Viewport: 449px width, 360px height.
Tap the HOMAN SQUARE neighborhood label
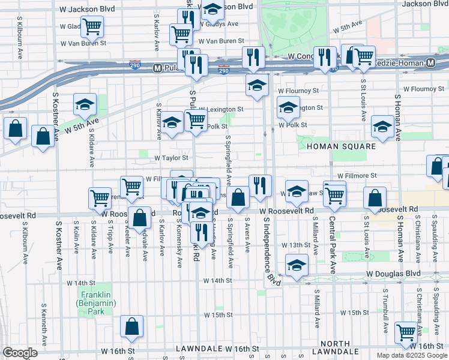(342, 146)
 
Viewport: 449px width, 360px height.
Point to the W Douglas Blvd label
(393, 273)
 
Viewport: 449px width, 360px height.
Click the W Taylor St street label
(172, 158)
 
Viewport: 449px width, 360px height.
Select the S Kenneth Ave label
(44, 325)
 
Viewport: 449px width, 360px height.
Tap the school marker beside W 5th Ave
(85, 104)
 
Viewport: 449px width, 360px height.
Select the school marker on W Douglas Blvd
(296, 265)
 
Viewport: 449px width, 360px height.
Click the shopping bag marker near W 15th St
(131, 326)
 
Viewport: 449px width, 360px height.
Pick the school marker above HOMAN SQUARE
(382, 126)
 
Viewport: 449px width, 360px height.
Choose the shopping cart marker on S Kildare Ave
(100, 198)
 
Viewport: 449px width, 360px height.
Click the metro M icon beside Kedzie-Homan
(432, 63)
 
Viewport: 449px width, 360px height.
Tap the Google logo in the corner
(20, 353)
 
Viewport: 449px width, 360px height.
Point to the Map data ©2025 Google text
(411, 355)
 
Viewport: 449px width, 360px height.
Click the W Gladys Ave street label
(220, 25)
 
